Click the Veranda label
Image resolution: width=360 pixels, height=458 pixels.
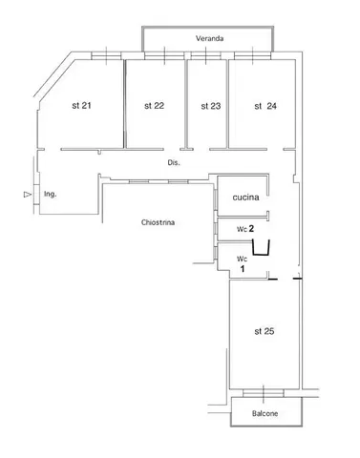click(209, 38)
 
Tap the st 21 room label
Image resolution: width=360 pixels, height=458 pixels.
click(81, 105)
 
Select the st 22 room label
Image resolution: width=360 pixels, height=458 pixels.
click(154, 106)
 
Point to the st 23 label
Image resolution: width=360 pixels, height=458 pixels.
click(211, 106)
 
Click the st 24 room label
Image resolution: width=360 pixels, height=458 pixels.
click(265, 106)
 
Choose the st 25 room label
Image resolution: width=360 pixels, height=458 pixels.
click(265, 331)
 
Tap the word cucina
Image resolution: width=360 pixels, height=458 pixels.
click(245, 198)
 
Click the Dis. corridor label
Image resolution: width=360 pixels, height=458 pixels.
click(174, 163)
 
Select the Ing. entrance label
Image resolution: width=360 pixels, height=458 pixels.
click(51, 194)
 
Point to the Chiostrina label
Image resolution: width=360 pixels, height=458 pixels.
click(158, 222)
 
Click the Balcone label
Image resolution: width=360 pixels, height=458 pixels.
click(265, 413)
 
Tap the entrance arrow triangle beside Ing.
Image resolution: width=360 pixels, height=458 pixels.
click(28, 195)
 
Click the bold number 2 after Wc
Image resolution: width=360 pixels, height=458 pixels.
click(251, 228)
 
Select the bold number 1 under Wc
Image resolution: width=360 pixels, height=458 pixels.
click(243, 269)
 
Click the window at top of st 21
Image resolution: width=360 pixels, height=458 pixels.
click(106, 55)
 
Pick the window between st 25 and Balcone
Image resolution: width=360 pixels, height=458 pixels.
click(264, 393)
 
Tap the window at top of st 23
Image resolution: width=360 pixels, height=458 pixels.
click(206, 55)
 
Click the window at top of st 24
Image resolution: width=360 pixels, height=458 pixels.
click(252, 55)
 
